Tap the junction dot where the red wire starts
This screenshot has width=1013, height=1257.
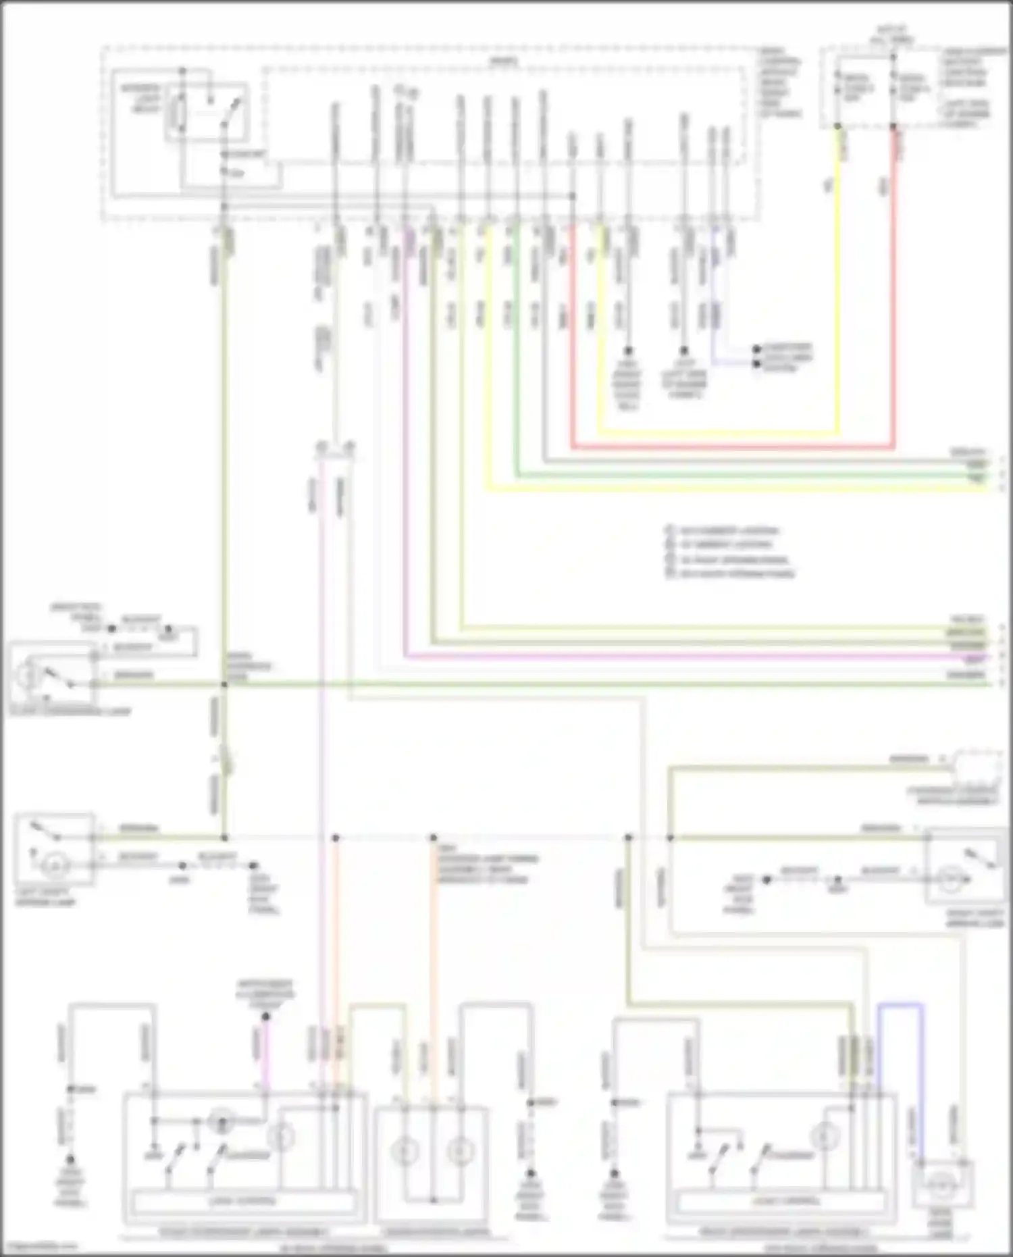point(893,126)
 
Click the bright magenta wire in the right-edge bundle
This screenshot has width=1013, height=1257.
point(675,655)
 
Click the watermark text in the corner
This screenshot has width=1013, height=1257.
point(38,1247)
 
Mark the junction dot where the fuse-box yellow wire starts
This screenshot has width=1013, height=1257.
point(837,126)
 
